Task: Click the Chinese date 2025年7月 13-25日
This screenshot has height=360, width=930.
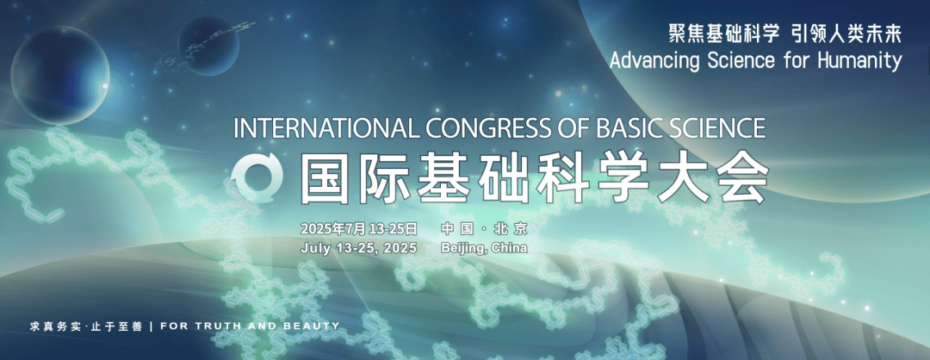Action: [359, 229]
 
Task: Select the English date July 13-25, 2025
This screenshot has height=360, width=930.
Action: [359, 248]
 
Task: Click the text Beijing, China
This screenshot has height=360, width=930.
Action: [484, 248]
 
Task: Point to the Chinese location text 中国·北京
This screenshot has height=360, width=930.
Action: [484, 229]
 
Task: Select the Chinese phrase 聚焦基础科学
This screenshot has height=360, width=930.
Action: [723, 34]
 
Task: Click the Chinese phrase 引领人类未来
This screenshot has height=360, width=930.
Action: [847, 34]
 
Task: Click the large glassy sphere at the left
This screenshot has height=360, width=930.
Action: [60, 75]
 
